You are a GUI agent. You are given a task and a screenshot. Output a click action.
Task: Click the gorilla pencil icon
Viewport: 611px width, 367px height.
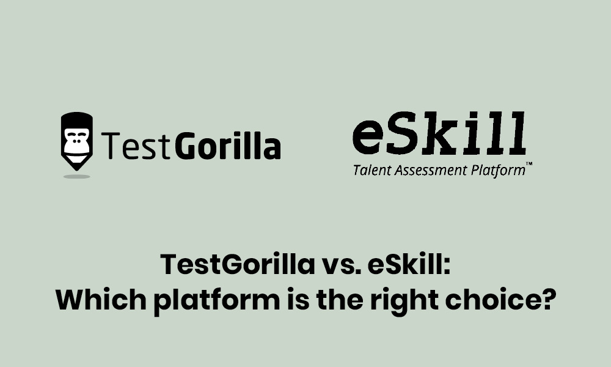[77, 141]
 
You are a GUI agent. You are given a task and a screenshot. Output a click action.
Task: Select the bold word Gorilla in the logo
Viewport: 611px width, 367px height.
[228, 146]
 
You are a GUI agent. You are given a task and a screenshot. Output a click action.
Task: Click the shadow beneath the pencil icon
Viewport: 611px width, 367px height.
[77, 176]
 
